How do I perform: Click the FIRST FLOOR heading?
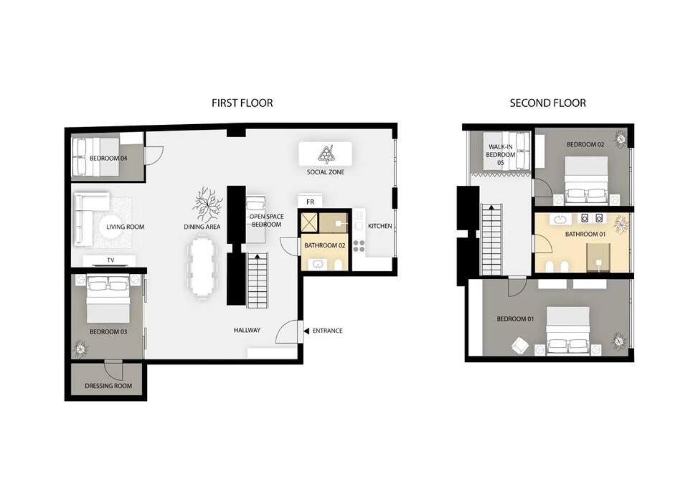(x=242, y=103)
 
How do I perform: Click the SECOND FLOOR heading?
(x=547, y=103)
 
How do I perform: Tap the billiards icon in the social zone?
(x=326, y=154)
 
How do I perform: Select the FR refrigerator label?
(x=310, y=202)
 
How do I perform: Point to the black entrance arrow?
(x=306, y=331)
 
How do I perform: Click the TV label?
(x=110, y=260)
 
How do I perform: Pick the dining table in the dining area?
(x=202, y=268)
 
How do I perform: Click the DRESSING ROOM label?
(x=108, y=386)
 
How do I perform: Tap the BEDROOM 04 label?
(x=108, y=158)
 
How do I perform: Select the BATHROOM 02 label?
(x=324, y=245)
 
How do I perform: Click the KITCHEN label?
(x=379, y=226)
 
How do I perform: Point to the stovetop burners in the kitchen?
(x=359, y=246)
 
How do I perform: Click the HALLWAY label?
(x=247, y=330)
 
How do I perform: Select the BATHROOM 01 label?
(x=585, y=234)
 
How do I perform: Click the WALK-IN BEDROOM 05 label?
(x=500, y=155)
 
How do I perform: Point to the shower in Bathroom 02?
(x=309, y=222)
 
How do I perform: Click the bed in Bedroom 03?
(x=108, y=298)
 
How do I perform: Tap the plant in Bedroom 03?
(x=80, y=348)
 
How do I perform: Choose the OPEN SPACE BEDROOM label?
(x=266, y=220)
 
